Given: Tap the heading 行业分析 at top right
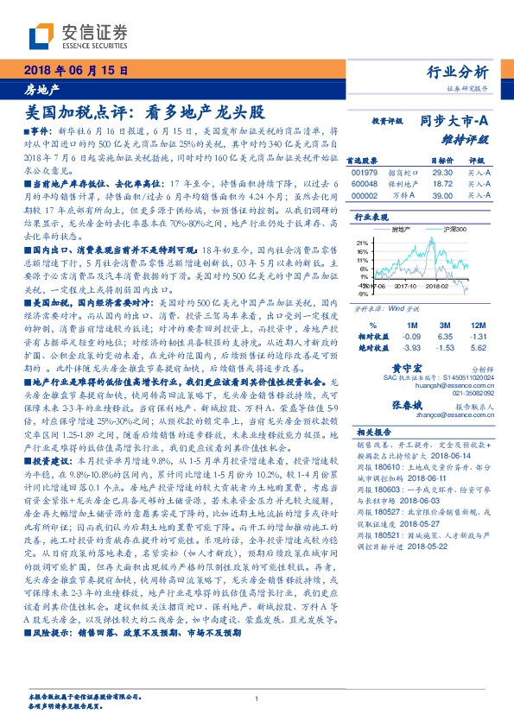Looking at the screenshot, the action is tap(458, 72).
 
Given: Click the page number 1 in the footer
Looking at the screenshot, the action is tap(257, 699).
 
